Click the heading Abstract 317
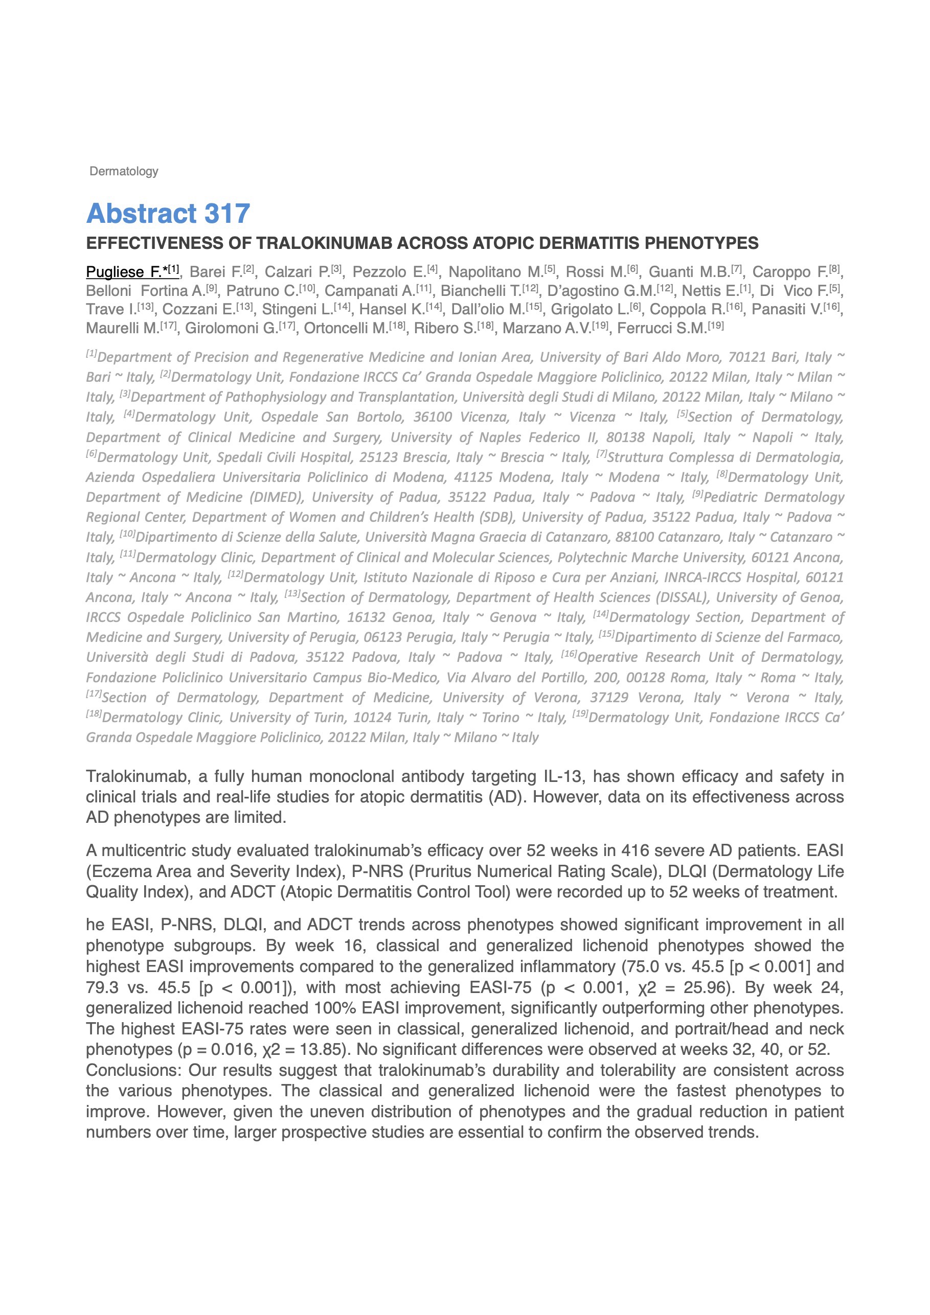168,213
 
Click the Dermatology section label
124,171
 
